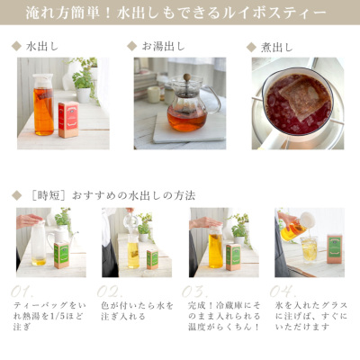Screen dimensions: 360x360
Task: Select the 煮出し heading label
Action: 273,44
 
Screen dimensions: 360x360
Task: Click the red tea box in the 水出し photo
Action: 68,118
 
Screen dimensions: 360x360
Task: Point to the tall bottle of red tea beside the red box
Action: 43,105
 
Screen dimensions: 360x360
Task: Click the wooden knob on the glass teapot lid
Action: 187,78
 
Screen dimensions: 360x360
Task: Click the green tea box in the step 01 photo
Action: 62,255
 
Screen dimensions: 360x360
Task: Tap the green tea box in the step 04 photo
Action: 334,247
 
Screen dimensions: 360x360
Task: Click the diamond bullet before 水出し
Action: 16,44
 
